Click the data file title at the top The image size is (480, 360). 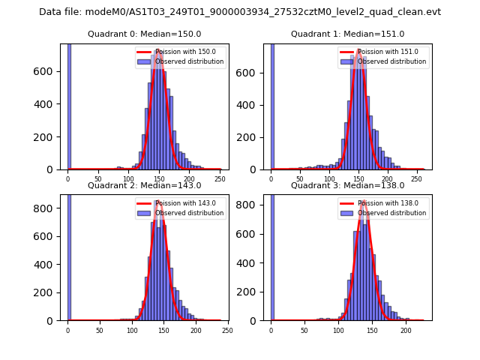click(x=240, y=12)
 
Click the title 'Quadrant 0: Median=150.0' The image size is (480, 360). click(x=144, y=34)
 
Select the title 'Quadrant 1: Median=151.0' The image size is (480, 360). click(x=347, y=34)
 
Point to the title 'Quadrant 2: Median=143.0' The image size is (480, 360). click(x=144, y=185)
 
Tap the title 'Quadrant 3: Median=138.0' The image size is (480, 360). click(x=347, y=185)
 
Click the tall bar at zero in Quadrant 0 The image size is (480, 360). click(x=69, y=105)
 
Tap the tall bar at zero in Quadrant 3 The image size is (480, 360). click(x=272, y=255)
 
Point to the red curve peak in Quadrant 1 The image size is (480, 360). click(x=359, y=50)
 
